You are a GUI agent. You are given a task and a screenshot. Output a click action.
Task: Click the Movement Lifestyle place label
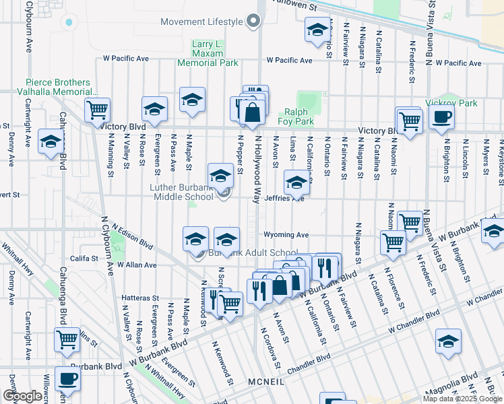201,22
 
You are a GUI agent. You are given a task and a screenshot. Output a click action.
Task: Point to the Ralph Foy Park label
299,117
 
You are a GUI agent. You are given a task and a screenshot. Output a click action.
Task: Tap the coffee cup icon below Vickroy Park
441,118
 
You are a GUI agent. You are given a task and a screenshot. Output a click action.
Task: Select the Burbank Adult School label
253,253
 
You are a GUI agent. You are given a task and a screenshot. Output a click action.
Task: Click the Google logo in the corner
22,396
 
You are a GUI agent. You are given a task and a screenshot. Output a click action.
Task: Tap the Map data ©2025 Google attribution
462,399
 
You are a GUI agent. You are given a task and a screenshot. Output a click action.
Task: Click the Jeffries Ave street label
284,199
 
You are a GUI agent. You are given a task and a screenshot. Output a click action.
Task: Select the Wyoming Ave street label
286,235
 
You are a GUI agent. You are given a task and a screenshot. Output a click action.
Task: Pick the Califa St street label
84,258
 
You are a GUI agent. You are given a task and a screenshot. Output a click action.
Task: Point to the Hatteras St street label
139,297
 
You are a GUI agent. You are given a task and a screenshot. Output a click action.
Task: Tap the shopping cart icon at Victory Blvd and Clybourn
97,109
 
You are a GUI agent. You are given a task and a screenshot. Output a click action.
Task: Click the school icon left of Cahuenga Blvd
51,142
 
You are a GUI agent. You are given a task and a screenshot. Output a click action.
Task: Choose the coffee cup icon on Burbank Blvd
67,379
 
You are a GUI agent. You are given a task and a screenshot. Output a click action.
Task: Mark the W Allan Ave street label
137,265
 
